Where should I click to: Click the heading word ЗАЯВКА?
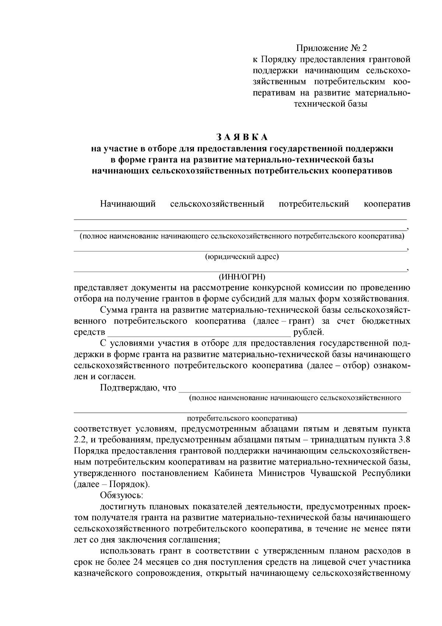pyautogui.click(x=242, y=137)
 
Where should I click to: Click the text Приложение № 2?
pyautogui.click(x=331, y=48)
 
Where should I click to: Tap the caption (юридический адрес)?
pyautogui.click(x=242, y=257)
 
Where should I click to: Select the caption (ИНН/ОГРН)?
pyautogui.click(x=242, y=277)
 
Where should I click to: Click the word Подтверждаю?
pyautogui.click(x=129, y=388)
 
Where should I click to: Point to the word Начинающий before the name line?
pyautogui.click(x=128, y=204)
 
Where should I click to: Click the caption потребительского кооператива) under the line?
pyautogui.click(x=242, y=419)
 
